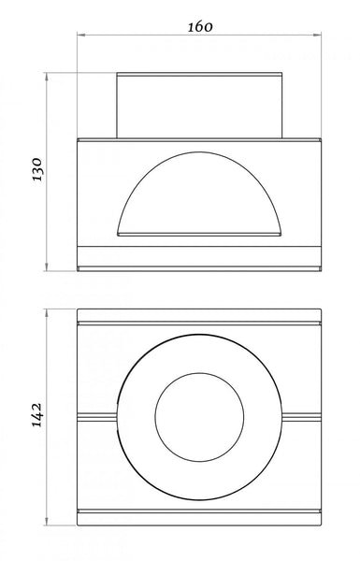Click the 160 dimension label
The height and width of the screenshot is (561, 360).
point(200,27)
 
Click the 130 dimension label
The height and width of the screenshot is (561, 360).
point(37,169)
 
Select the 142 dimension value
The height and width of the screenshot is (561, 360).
point(37,415)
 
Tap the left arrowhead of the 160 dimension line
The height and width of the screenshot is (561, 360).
point(81,35)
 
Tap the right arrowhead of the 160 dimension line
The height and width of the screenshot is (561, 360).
point(317,35)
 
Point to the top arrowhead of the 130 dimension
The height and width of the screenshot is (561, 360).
point(47,77)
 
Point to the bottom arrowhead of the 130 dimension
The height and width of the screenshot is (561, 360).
point(47,266)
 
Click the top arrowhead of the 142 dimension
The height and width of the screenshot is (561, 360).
point(47,313)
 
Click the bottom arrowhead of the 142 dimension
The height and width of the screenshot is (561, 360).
point(47,522)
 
